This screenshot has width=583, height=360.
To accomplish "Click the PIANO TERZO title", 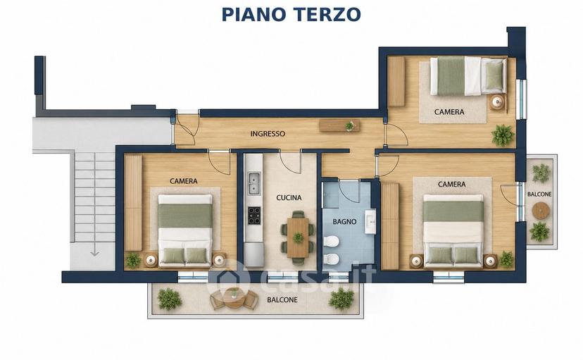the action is click(291, 15).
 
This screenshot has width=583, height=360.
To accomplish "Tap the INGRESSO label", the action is click(268, 134).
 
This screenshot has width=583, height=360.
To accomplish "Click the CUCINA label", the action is click(289, 197).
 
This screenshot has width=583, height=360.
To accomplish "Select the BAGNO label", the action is click(344, 222).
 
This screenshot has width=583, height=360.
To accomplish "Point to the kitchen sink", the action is click(254, 183).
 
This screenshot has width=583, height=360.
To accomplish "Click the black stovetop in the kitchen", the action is click(254, 216).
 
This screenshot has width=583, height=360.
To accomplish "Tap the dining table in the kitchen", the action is click(298, 237).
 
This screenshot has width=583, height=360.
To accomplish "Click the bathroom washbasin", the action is click(370, 222).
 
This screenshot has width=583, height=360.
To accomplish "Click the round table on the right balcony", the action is click(541, 211).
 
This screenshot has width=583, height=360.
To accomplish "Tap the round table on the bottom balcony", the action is click(234, 297).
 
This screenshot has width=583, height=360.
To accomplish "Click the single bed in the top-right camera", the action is click(468, 76).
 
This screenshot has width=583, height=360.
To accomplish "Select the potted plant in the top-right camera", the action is click(502, 135).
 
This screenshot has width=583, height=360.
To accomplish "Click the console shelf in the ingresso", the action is click(339, 125).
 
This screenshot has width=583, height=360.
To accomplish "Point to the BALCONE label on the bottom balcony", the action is click(282, 299).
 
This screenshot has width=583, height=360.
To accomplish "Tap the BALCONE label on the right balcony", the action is click(539, 194).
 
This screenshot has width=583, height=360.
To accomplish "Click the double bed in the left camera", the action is click(185, 230).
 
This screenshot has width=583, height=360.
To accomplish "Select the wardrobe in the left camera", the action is click(133, 203).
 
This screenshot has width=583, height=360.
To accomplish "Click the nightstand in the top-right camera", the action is click(496, 102).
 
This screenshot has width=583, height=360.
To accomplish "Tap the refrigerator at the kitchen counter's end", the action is click(254, 255).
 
